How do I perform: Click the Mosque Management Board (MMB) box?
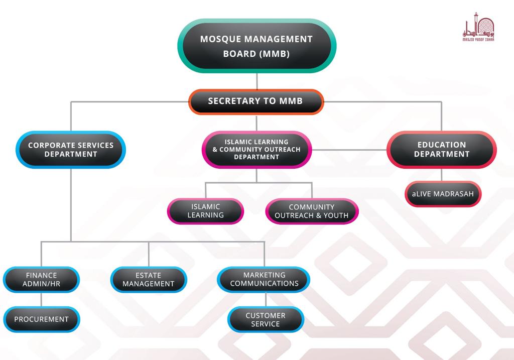click(x=256, y=46)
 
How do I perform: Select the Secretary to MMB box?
click(x=256, y=101)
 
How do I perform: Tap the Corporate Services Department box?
click(x=71, y=150)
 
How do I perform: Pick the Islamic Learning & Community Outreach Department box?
click(x=256, y=150)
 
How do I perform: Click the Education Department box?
click(x=442, y=150)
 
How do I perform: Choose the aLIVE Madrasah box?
click(x=443, y=194)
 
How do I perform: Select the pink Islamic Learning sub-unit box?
click(x=205, y=211)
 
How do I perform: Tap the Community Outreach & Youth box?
click(x=312, y=211)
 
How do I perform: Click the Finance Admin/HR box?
click(x=41, y=279)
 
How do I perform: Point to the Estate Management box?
click(x=149, y=279)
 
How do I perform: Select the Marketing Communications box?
click(x=264, y=279)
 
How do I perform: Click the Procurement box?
click(x=41, y=319)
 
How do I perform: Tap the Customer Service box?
click(x=266, y=319)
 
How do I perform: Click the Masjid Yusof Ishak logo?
click(x=478, y=30)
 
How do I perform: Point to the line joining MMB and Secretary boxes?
click(x=256, y=81)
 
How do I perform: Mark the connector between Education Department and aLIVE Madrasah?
click(x=442, y=175)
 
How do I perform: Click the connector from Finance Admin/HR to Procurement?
click(x=41, y=299)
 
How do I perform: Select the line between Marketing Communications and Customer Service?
click(x=266, y=299)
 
